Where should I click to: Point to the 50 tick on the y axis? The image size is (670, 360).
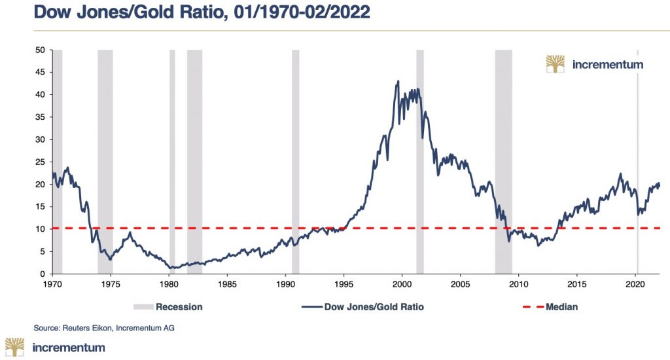point(40,50)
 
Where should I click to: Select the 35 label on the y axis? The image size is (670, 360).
point(40,117)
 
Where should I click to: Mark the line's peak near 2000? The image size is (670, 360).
point(398,81)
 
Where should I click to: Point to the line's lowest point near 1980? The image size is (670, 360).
point(171,268)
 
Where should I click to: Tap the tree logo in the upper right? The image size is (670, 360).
point(555,64)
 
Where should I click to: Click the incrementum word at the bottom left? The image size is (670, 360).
point(68,348)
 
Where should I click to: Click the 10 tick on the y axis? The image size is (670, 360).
point(40,229)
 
